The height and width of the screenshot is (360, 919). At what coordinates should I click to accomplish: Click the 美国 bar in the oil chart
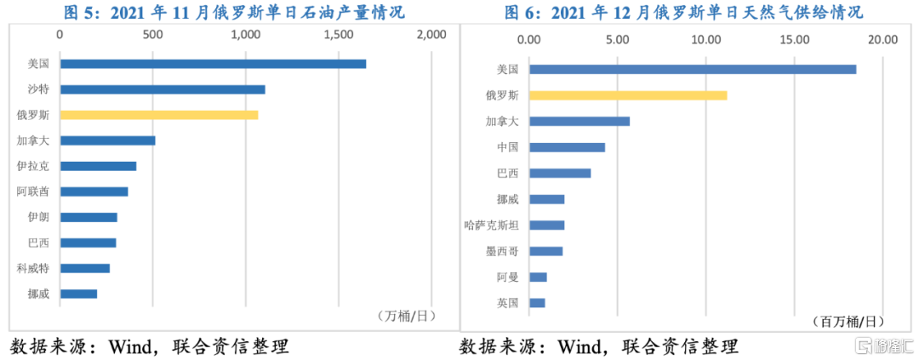(213, 64)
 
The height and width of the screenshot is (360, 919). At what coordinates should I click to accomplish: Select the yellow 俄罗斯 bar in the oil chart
(159, 115)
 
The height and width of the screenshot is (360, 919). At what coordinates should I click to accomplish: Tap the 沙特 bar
(163, 89)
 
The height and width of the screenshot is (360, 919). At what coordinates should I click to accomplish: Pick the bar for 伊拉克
(98, 166)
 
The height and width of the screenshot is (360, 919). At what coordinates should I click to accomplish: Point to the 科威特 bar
(85, 268)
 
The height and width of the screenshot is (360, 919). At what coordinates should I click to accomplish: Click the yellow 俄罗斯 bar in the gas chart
(628, 95)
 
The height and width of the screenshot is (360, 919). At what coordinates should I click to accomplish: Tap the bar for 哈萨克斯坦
(546, 225)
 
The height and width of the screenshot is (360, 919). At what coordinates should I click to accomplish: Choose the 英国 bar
(537, 303)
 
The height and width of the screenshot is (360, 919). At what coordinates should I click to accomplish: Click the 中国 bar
(567, 147)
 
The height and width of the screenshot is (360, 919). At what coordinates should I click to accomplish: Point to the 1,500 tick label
(339, 35)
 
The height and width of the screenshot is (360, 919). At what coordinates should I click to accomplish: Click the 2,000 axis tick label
(431, 35)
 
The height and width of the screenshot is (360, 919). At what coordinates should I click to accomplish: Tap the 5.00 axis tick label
(618, 39)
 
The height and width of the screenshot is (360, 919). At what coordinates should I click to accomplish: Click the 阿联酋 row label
(33, 191)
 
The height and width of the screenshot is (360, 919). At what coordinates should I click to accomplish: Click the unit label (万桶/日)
(405, 316)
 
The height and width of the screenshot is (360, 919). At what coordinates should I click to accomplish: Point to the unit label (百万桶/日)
(848, 321)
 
